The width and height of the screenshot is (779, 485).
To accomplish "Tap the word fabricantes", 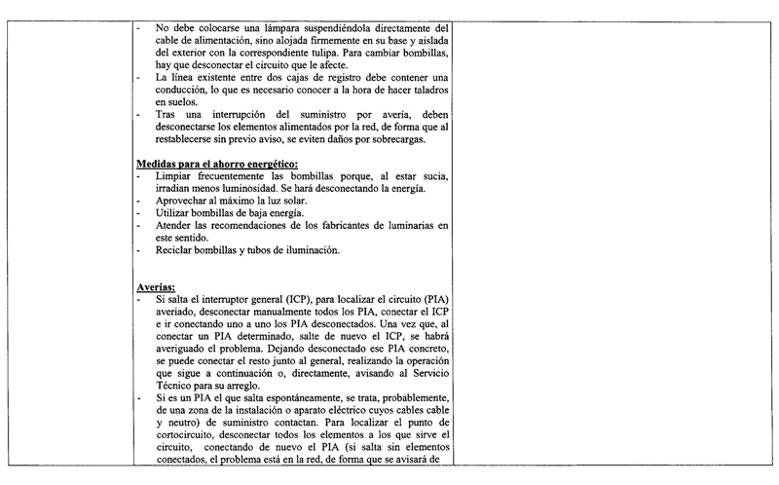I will (x=350, y=225).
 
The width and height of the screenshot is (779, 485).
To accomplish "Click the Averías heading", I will (x=156, y=288).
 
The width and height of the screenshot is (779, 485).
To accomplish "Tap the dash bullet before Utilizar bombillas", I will (x=141, y=212).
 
